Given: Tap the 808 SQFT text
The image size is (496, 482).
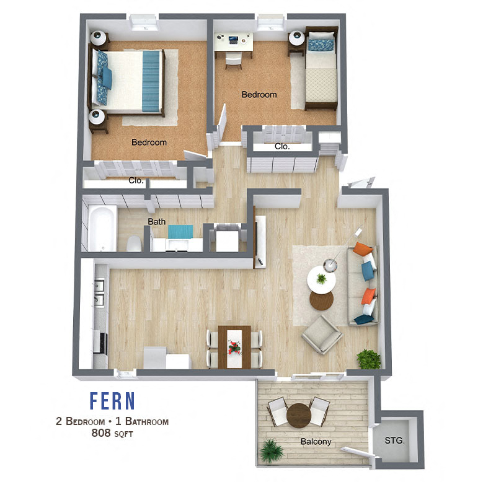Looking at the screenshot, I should (112, 434).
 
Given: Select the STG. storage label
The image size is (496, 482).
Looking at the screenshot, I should (394, 442).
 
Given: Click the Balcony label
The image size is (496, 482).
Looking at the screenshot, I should (316, 442).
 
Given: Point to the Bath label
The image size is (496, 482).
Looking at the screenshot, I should (156, 221).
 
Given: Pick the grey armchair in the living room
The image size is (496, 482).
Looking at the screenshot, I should (322, 335).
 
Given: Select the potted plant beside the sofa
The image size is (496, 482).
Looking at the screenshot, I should (368, 359).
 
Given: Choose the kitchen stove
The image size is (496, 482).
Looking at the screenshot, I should (100, 341).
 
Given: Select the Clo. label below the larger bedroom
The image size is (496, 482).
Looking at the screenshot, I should (136, 181).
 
